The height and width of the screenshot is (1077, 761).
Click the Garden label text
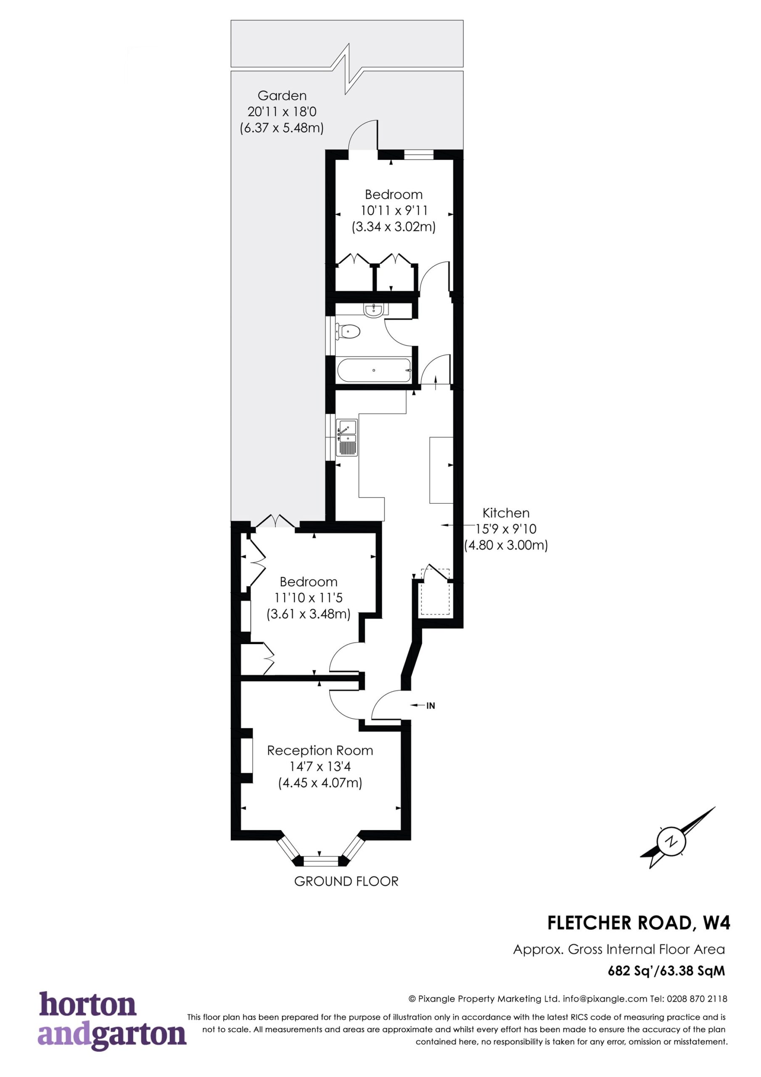point(282,95)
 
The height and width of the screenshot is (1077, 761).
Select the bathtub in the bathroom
point(374,370)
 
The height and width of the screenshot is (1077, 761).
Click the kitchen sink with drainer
point(347,438)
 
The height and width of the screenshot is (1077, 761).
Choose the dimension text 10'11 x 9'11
point(394,211)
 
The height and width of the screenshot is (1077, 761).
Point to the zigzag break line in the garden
point(347,69)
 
